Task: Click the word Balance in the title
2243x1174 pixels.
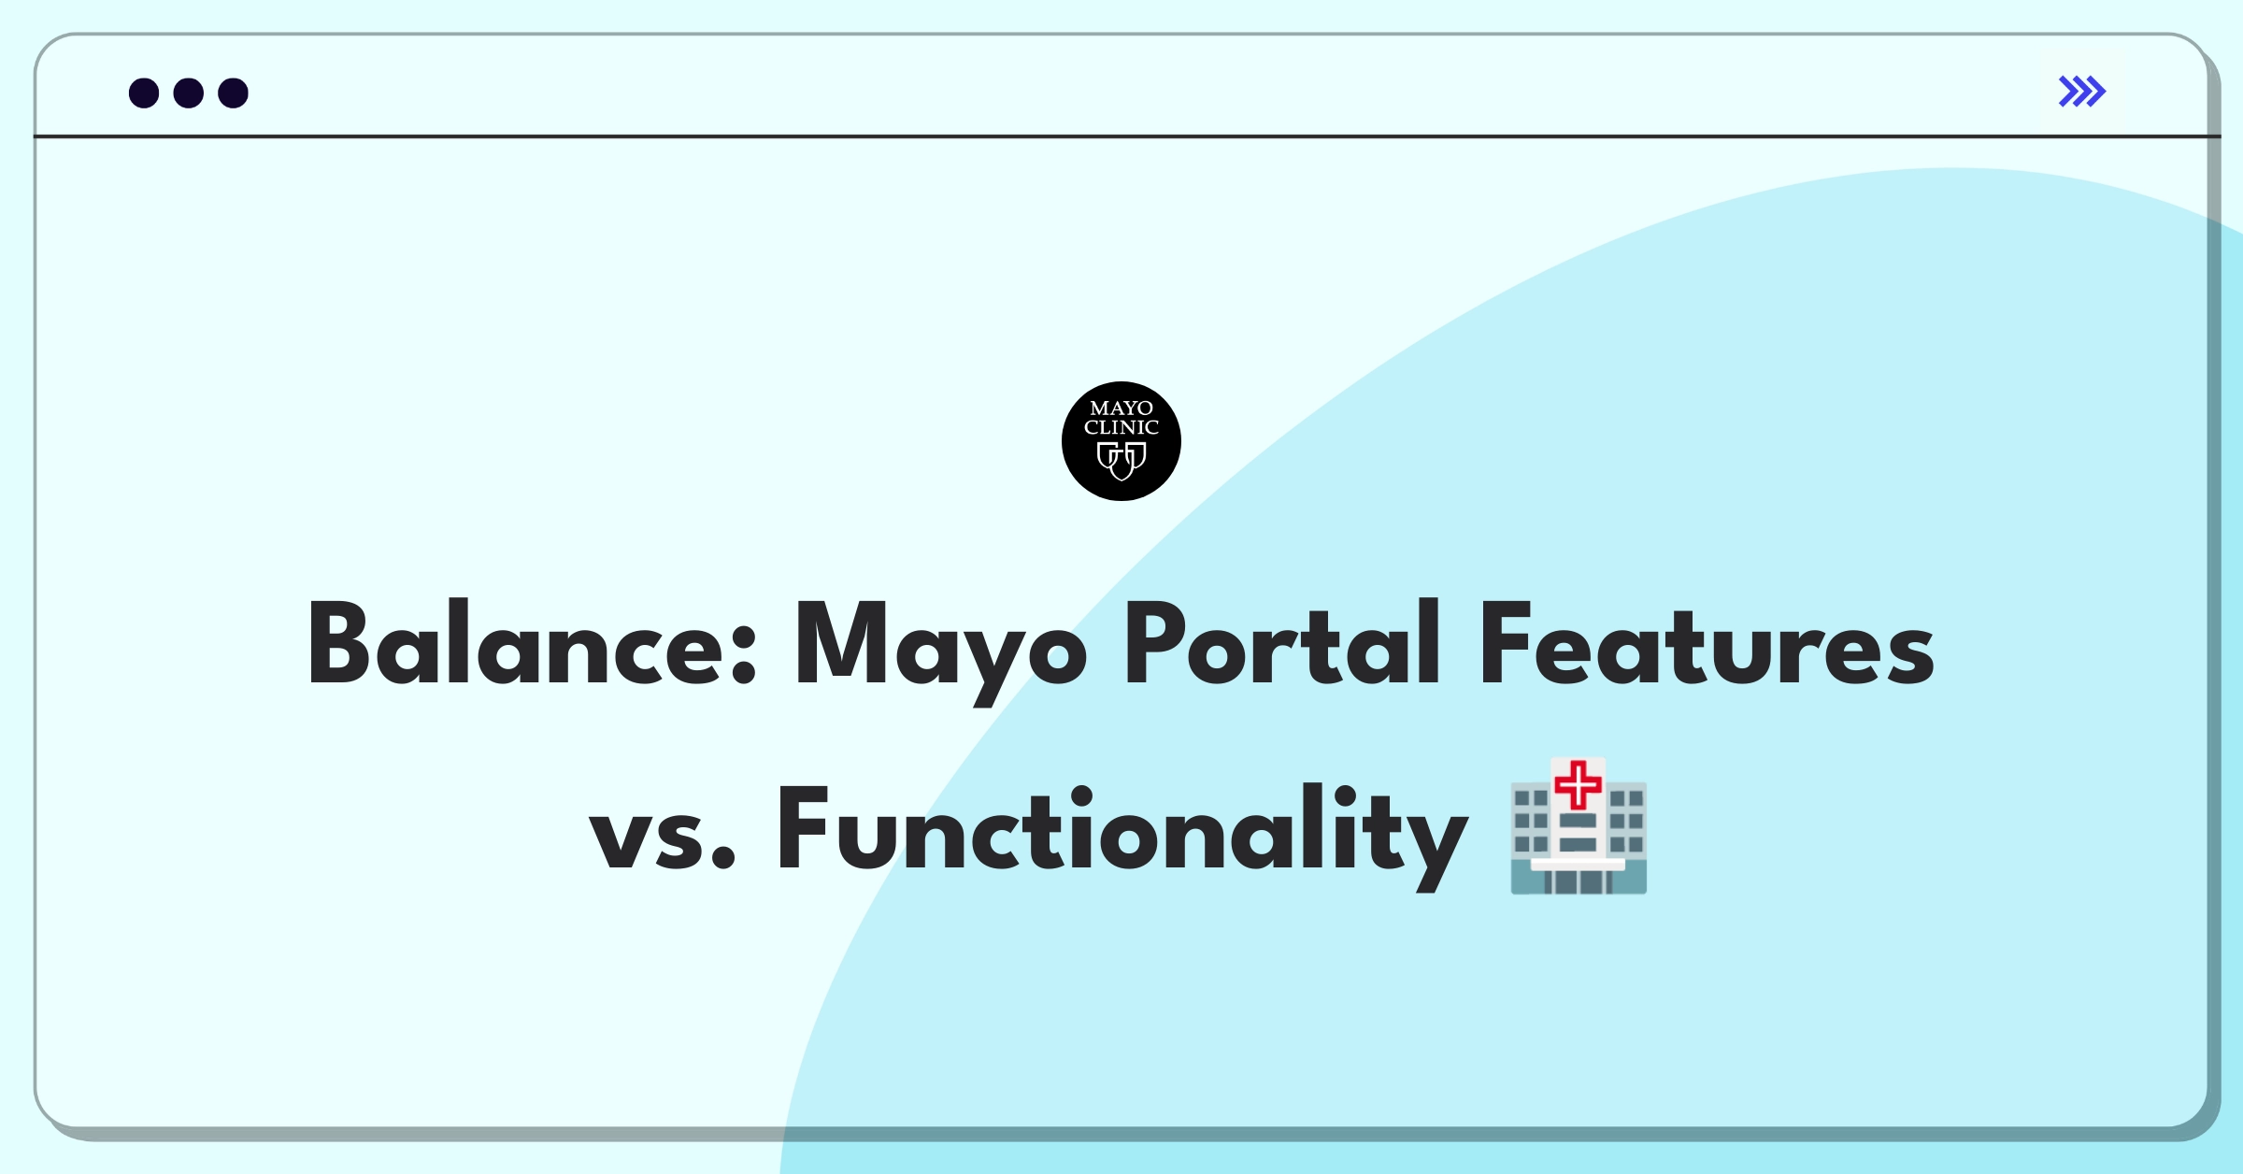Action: click(x=531, y=644)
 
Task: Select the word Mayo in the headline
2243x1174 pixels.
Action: click(x=940, y=651)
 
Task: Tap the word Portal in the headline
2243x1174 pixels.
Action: click(x=1282, y=642)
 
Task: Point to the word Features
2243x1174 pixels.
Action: click(x=1707, y=644)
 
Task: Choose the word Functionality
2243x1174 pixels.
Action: click(x=1122, y=835)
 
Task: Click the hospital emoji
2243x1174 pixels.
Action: click(x=1579, y=826)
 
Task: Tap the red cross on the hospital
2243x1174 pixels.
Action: click(x=1579, y=785)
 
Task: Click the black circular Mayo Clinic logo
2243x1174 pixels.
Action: click(x=1121, y=441)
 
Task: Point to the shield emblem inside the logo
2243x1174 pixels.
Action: click(x=1121, y=461)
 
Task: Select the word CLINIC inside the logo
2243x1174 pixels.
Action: click(x=1121, y=428)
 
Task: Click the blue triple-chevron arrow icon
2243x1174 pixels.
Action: click(x=2082, y=92)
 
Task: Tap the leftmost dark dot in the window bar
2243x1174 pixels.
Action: click(x=144, y=93)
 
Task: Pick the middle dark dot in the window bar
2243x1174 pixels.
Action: click(x=189, y=93)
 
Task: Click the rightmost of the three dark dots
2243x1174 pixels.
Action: click(x=234, y=93)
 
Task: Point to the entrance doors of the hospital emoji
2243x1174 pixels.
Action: click(x=1578, y=880)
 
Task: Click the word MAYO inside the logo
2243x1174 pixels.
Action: click(x=1121, y=408)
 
